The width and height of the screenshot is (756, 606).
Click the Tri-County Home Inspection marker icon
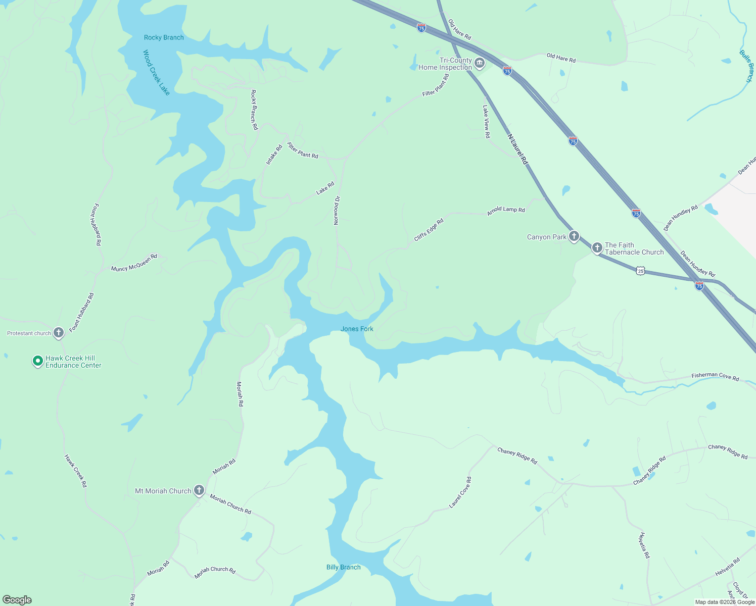tap(480, 63)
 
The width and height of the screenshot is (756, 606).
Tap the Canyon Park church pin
tap(574, 236)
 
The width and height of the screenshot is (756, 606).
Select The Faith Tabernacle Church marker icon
tap(597, 247)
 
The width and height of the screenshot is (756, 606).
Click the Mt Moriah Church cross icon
tap(199, 490)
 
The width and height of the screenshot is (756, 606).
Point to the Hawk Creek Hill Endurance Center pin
tap(37, 361)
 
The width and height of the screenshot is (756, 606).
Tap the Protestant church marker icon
tap(59, 332)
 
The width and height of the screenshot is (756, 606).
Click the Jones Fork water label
tap(357, 329)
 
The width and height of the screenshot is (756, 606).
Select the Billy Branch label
tap(343, 567)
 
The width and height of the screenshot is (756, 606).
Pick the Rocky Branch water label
tap(164, 37)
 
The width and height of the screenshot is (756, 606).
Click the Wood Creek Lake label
tap(156, 72)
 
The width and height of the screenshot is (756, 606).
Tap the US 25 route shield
tap(641, 271)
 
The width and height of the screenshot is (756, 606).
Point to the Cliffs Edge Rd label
tap(429, 229)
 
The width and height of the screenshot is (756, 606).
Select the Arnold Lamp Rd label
tap(506, 211)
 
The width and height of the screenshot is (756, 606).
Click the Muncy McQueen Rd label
tap(134, 263)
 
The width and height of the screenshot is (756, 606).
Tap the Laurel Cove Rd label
tap(460, 492)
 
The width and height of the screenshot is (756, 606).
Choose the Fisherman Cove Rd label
tap(715, 377)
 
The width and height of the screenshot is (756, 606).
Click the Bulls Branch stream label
tap(746, 66)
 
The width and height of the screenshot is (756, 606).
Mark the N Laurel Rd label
tap(517, 149)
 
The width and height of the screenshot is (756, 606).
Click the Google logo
tap(17, 600)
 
